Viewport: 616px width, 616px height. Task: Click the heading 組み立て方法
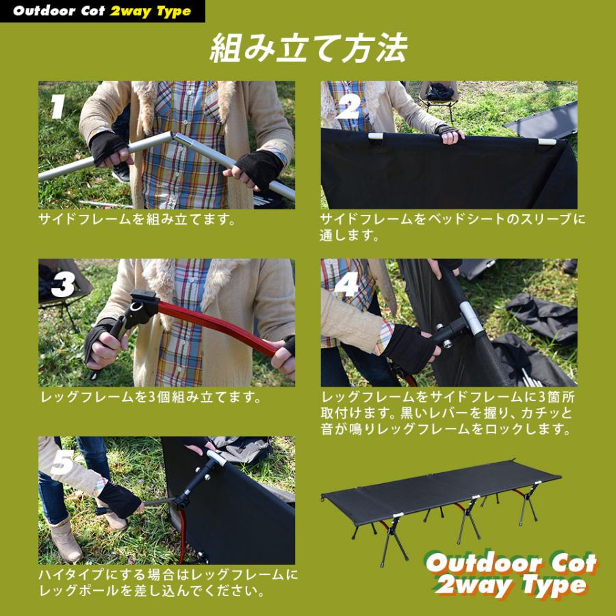click(x=307, y=49)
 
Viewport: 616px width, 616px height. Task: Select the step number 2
click(x=348, y=107)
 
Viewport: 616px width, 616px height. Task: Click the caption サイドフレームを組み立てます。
click(x=137, y=220)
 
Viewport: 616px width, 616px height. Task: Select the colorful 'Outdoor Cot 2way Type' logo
click(x=511, y=574)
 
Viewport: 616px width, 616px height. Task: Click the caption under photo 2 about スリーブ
click(x=452, y=227)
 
